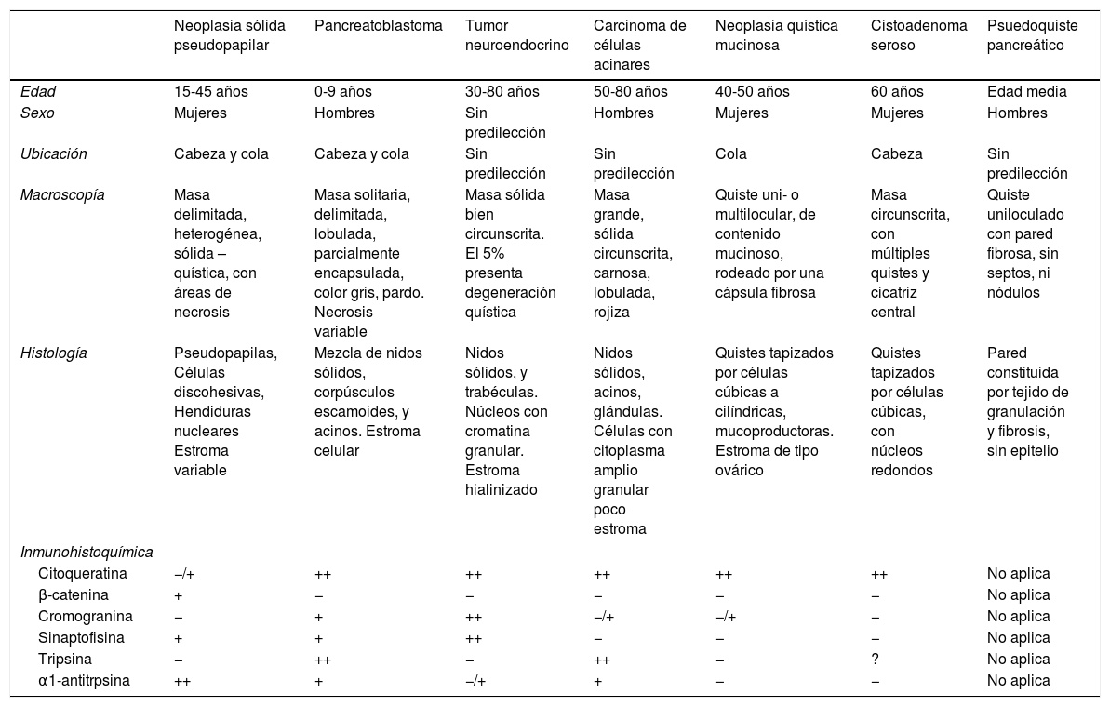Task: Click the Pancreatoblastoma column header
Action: coord(379,26)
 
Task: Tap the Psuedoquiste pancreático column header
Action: coord(1032,35)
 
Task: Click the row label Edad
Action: coord(39,91)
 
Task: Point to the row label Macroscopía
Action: coord(62,195)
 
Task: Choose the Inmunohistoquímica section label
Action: coord(87,553)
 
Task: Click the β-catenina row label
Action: coord(74,595)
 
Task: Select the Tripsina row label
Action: coord(64,660)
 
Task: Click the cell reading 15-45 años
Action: coord(211,91)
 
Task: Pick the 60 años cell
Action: coord(897,91)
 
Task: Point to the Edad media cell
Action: coord(1026,91)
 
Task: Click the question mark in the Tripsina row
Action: coord(875,660)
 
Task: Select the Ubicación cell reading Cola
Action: coord(731,154)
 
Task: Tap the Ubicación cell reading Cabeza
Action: coord(896,154)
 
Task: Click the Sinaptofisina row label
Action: coord(82,638)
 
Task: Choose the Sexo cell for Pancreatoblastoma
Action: coord(344,113)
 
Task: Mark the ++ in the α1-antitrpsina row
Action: coord(182,681)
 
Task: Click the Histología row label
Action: coord(55,353)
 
